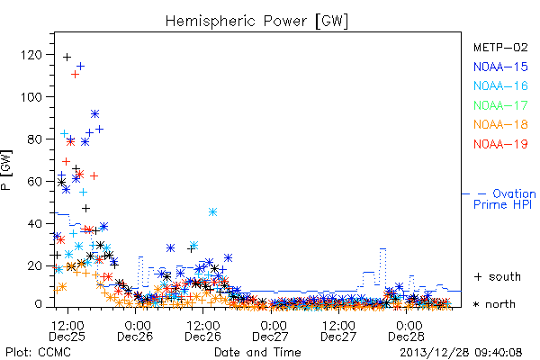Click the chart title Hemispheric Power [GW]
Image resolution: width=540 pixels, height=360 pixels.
click(x=256, y=22)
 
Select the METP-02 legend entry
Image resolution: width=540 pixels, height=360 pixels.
click(x=500, y=48)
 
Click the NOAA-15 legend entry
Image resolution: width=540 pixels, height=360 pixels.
click(x=500, y=67)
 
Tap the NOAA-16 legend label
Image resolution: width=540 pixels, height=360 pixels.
click(x=500, y=85)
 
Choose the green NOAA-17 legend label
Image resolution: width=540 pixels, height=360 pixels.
click(x=500, y=105)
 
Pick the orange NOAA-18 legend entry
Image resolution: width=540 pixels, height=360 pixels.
click(x=500, y=124)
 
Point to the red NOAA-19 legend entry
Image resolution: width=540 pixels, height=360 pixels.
click(x=500, y=144)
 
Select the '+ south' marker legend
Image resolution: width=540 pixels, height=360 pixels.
click(x=498, y=276)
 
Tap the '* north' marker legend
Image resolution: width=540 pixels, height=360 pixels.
click(x=494, y=304)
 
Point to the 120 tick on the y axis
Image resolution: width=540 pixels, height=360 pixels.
click(x=31, y=55)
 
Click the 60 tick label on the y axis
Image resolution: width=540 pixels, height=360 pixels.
click(x=35, y=182)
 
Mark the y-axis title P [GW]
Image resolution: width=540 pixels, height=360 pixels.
click(x=6, y=170)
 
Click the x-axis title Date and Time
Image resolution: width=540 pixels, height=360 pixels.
click(x=257, y=352)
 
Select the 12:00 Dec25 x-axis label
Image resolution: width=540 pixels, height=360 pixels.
click(x=67, y=330)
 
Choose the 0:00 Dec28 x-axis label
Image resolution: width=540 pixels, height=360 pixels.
click(x=406, y=330)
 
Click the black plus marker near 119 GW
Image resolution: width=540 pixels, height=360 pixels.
click(x=67, y=57)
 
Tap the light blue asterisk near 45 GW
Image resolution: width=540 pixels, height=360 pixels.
click(x=212, y=211)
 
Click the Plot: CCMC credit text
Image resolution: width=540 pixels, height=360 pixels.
click(x=38, y=353)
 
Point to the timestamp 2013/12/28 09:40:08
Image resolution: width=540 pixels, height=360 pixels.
click(x=461, y=353)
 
